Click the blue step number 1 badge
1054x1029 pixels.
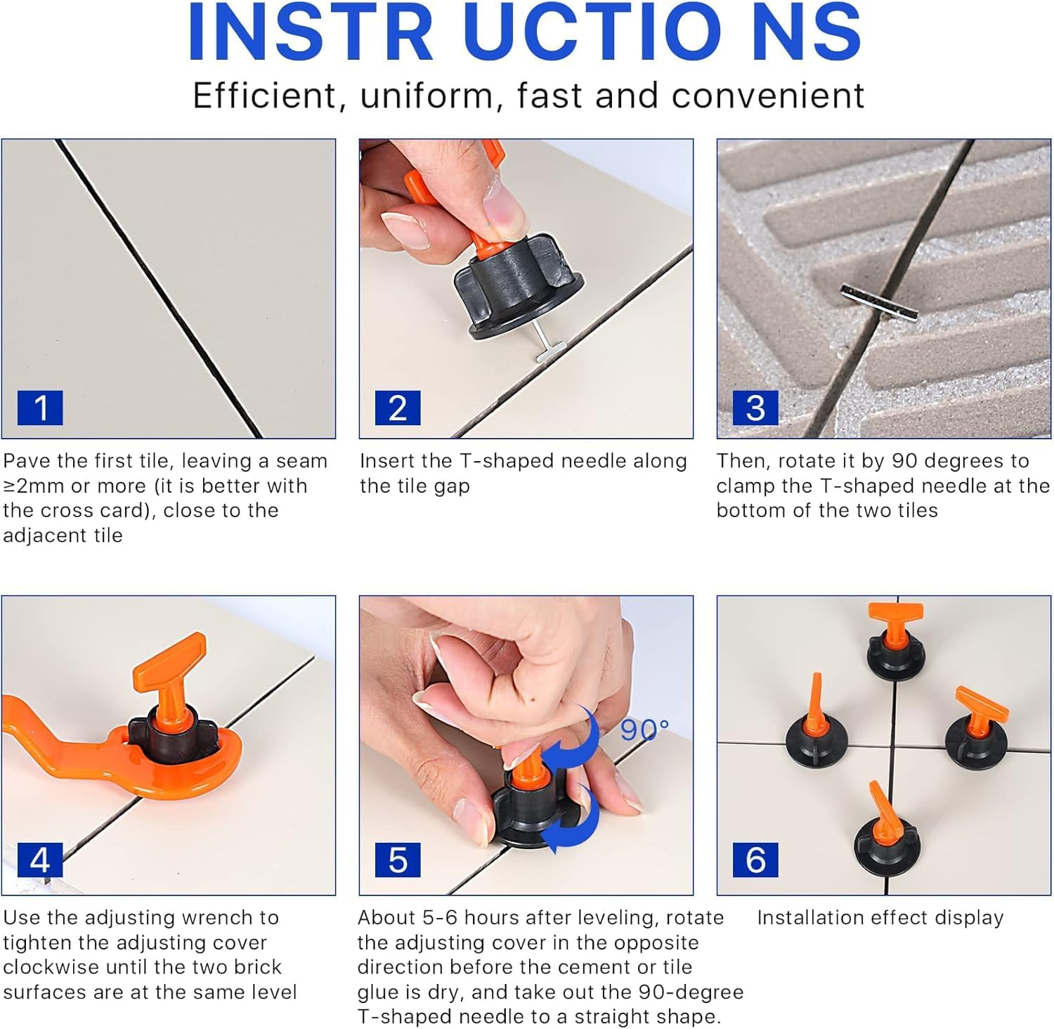[40, 408]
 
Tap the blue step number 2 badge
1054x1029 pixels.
[398, 408]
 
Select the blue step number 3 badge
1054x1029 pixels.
[755, 408]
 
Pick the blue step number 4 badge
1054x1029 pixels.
[40, 860]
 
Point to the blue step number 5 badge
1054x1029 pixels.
[398, 860]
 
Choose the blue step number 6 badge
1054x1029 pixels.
[755, 860]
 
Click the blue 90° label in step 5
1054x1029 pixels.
[644, 730]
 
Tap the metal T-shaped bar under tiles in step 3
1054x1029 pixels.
[879, 302]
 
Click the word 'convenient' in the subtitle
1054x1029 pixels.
[767, 96]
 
